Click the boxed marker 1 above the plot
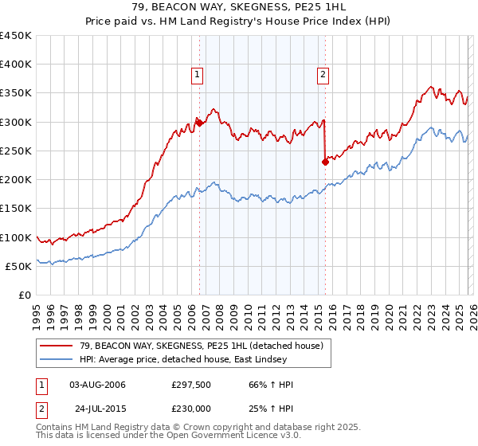(x=197, y=76)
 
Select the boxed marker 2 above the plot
(x=323, y=76)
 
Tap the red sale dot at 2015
(x=325, y=162)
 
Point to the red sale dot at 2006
(x=199, y=123)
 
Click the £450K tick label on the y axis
(x=16, y=36)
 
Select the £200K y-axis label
(x=16, y=180)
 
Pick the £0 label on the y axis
(x=24, y=295)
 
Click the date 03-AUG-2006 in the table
(x=97, y=385)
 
